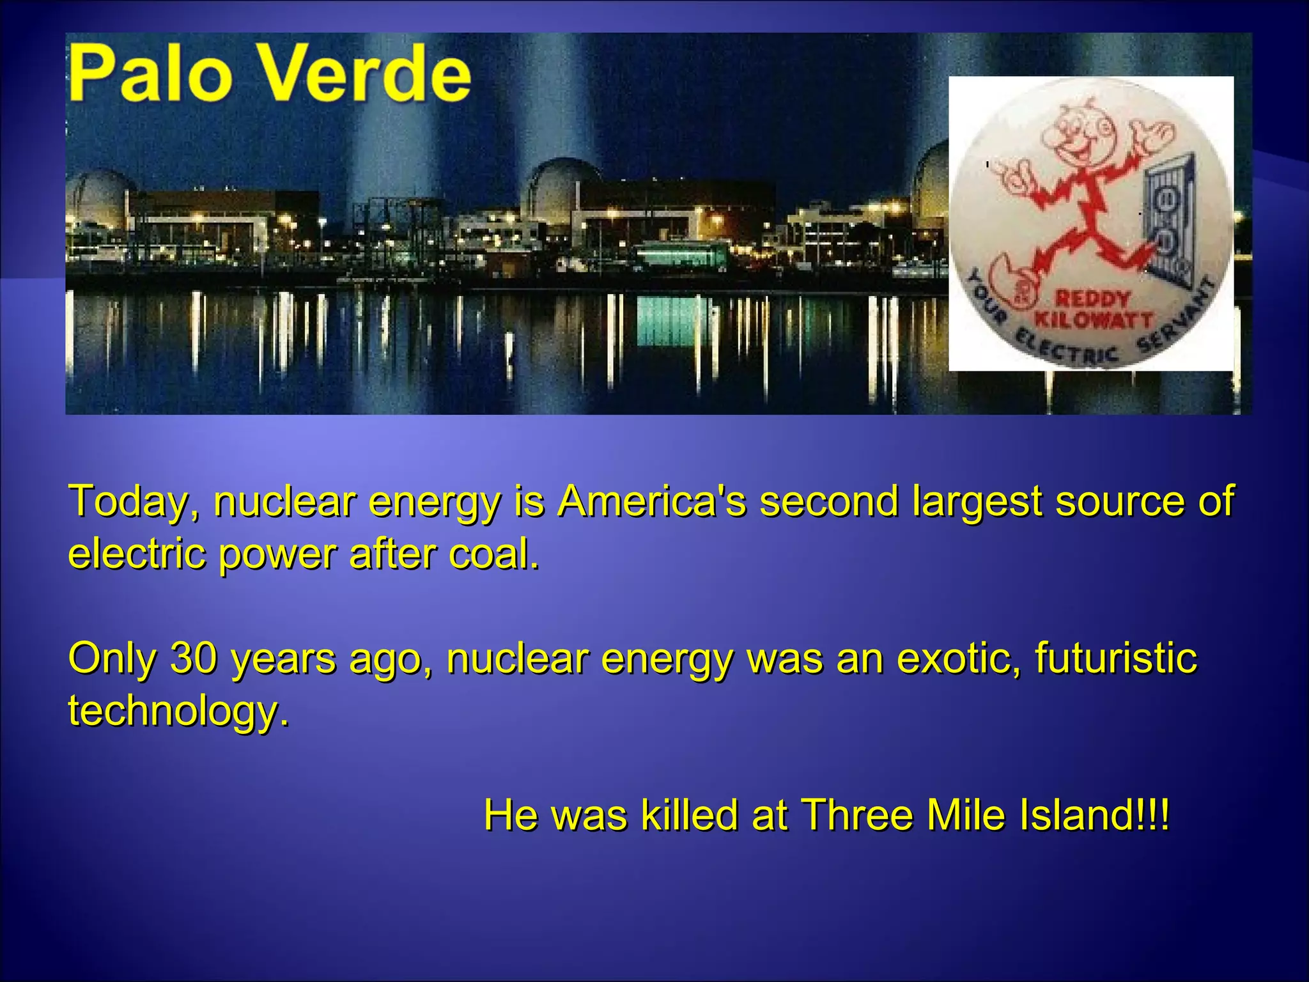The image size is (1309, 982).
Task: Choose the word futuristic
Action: (x=1116, y=658)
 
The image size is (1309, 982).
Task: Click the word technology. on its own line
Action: (x=179, y=711)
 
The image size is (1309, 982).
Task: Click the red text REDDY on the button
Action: (x=1092, y=299)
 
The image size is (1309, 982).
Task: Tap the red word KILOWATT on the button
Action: (x=1094, y=319)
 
